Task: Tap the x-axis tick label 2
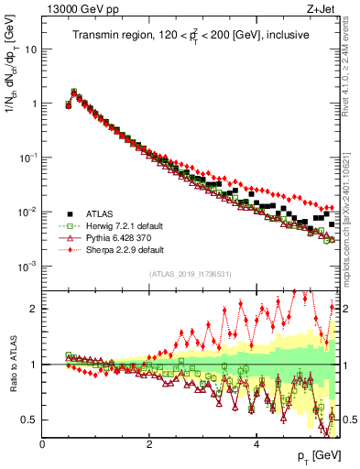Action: point(149,444)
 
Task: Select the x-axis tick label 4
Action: point(256,444)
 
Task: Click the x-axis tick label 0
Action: point(42,444)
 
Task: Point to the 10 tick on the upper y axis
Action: point(30,49)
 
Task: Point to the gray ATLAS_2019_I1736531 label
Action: point(191,274)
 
